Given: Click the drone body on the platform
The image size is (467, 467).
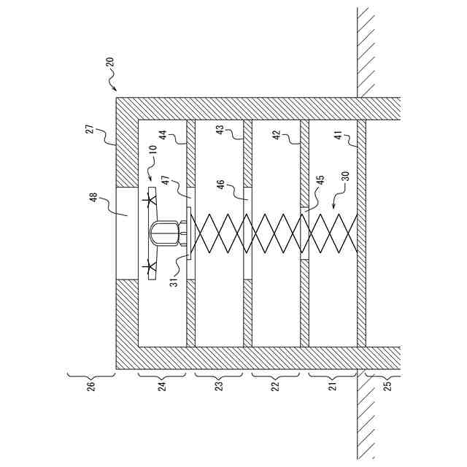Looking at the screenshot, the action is click(x=166, y=233).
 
